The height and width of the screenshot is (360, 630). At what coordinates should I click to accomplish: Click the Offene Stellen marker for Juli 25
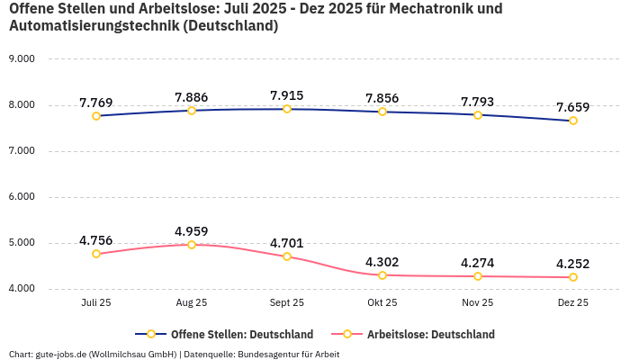[x=96, y=115]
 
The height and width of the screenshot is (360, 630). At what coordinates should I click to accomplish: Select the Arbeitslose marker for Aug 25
[x=192, y=244]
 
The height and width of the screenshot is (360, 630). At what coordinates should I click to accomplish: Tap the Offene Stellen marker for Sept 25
[x=287, y=109]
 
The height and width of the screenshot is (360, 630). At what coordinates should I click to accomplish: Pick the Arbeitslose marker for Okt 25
[x=382, y=274]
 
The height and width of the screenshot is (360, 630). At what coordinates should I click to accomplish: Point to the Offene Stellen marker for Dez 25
[x=573, y=121]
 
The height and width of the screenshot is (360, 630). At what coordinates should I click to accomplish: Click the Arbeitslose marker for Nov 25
[x=478, y=276]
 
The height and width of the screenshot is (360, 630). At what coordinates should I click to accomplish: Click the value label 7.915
[x=287, y=95]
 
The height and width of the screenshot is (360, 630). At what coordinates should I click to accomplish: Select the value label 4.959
[x=192, y=230]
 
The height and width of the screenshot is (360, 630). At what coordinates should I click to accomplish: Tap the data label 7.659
[x=573, y=107]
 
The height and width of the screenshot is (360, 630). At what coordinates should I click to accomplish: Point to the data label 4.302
[x=382, y=262]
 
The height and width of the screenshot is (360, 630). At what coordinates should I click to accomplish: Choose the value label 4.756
[x=96, y=240]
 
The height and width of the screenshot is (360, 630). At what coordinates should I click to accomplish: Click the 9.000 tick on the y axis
[x=21, y=58]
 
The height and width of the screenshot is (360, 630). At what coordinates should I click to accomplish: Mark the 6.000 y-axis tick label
[x=21, y=196]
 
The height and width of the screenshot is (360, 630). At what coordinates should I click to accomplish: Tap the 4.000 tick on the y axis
[x=21, y=289]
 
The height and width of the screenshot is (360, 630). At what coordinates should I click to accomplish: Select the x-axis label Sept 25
[x=287, y=303]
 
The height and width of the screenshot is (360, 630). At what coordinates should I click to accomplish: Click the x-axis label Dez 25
[x=573, y=303]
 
